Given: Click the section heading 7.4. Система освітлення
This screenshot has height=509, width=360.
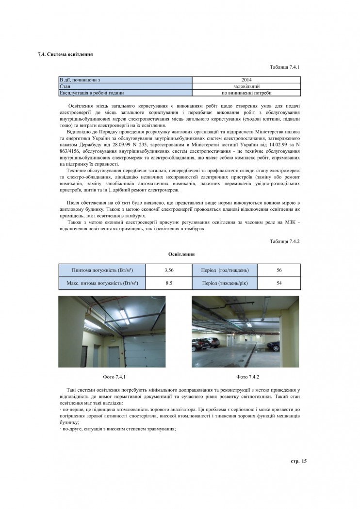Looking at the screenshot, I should [x=65, y=54].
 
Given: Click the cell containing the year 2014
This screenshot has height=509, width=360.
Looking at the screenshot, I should [x=246, y=80].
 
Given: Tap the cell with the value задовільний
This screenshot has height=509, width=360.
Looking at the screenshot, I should [x=246, y=86].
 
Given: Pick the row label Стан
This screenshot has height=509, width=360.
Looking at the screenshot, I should [x=65, y=86].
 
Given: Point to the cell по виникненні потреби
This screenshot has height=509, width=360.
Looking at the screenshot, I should [x=246, y=92].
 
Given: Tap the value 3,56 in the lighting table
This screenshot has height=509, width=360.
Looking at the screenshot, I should [x=169, y=270].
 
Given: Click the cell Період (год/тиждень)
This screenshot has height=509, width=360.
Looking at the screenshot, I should [x=222, y=270].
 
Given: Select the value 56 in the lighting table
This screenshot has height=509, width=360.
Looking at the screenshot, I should [x=279, y=270].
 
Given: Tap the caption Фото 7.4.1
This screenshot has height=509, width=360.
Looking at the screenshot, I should [x=115, y=377].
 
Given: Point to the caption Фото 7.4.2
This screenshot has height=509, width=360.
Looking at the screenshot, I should [x=247, y=377].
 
